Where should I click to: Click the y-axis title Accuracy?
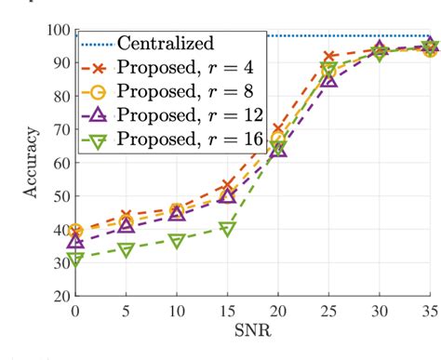click(31, 163)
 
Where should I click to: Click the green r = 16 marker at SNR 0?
click(75, 260)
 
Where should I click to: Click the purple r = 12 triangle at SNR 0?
click(75, 241)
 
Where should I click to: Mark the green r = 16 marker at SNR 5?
click(126, 250)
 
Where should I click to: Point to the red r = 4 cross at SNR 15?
click(227, 185)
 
